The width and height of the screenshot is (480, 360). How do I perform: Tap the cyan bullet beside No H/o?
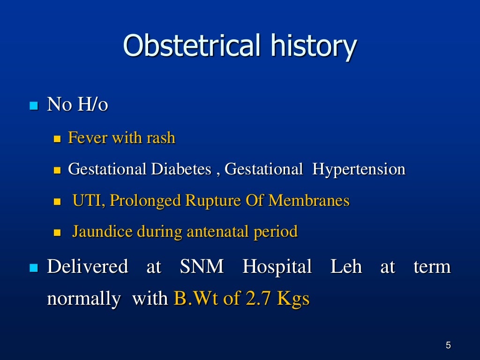(x=33, y=105)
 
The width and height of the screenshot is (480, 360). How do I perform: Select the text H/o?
(x=92, y=105)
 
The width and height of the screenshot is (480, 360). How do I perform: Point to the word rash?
(x=160, y=138)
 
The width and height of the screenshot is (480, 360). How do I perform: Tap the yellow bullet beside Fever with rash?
(x=58, y=139)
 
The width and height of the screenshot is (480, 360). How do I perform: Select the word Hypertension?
(x=359, y=170)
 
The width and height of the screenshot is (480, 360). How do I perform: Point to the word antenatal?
(x=218, y=232)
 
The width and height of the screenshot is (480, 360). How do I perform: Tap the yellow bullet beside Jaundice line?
(x=58, y=232)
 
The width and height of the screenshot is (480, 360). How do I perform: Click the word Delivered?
(x=87, y=267)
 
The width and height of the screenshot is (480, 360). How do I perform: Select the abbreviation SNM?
(x=202, y=267)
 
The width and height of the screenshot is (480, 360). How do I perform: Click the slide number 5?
(x=448, y=346)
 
